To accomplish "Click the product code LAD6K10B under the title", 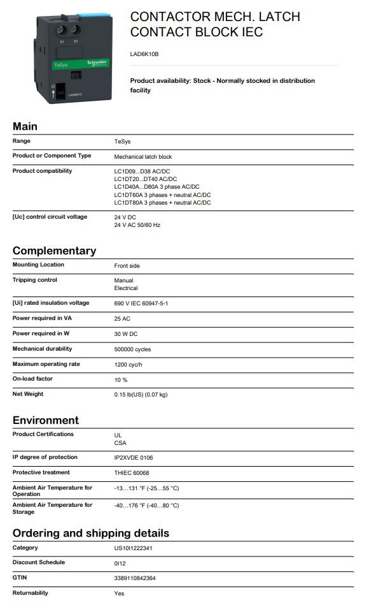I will click(144, 54).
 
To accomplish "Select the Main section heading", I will click(25, 126).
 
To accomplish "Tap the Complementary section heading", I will click(54, 251).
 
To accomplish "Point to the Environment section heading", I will click(46, 420).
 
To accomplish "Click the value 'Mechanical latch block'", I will click(143, 157).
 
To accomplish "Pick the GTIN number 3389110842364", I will click(135, 578).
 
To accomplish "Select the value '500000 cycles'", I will click(132, 349).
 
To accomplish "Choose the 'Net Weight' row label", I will click(28, 394).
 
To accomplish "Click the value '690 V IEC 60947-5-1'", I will click(141, 303).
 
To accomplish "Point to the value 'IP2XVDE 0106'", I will click(134, 458).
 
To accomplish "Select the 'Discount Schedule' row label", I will click(39, 562).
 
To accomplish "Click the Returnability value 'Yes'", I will click(120, 594).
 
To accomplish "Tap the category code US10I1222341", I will click(133, 548).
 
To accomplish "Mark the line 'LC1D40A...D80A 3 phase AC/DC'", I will click(157, 187).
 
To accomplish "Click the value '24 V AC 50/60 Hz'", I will click(137, 225).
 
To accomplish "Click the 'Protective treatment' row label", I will click(41, 472).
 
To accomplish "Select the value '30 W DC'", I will click(127, 334).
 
